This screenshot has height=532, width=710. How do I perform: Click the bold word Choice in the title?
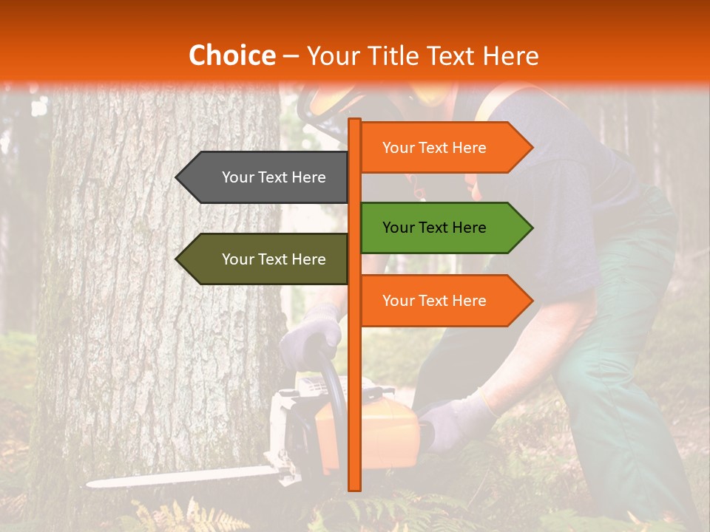[231, 55]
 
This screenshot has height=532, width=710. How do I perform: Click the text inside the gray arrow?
[274, 177]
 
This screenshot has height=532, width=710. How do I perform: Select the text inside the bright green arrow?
[434, 228]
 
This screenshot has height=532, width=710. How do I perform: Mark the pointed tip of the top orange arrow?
[530, 148]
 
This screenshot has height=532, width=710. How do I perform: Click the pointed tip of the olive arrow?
[178, 259]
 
